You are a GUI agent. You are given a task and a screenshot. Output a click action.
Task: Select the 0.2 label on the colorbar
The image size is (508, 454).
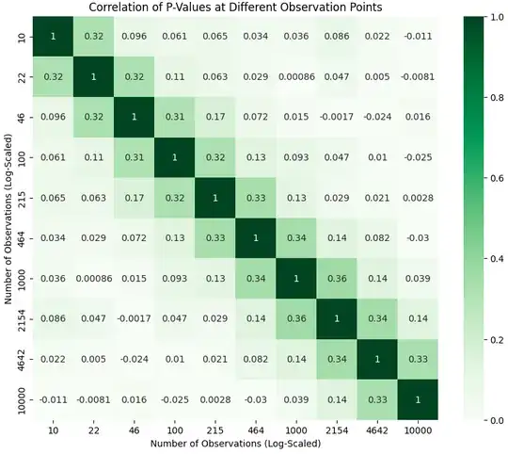(x=495, y=341)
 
